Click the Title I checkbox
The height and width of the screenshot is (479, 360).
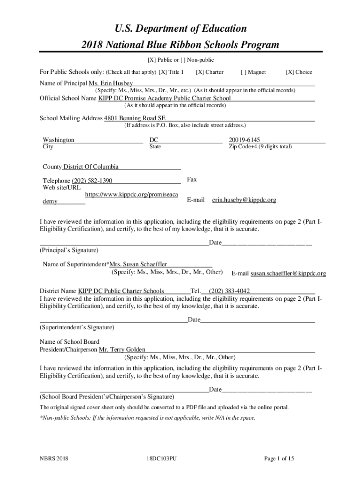coord(162,72)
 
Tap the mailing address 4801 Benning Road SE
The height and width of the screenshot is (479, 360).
coord(135,118)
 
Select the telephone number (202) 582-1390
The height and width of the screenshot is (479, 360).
coord(92,181)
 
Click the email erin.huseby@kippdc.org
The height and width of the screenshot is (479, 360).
coord(244,200)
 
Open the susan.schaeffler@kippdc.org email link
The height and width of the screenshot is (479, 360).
coord(288,273)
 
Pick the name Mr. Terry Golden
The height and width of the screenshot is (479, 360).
coord(122,349)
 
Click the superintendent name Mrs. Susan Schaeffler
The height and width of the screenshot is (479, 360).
coord(138,264)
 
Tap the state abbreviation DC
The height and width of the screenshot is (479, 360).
coord(154,140)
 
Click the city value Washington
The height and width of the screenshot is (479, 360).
coord(58,140)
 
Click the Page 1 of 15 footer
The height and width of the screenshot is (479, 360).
coord(279,458)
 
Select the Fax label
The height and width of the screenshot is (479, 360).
coord(192,180)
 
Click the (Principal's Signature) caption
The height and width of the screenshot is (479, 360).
coord(69,250)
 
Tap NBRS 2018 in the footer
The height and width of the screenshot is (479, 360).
coord(54,458)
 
